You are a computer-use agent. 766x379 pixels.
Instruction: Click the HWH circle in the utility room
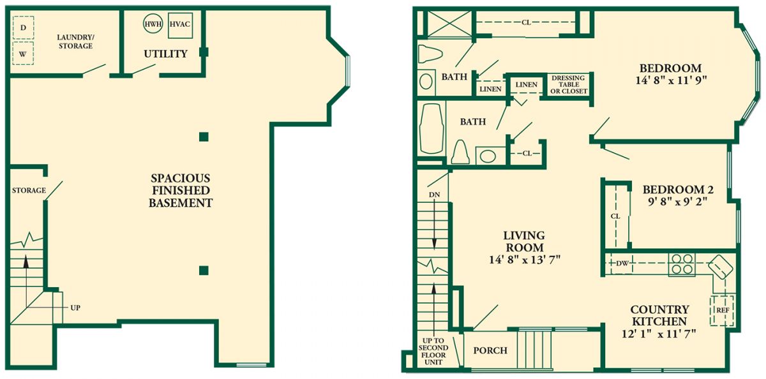[x=153, y=24]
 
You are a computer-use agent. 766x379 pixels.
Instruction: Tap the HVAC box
[x=180, y=26]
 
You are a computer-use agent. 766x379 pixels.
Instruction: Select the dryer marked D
[x=23, y=27]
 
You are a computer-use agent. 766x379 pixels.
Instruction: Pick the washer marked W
[x=23, y=54]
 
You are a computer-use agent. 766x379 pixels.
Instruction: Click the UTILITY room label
[x=165, y=54]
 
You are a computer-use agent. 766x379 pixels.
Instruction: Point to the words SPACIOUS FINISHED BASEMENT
[x=181, y=190]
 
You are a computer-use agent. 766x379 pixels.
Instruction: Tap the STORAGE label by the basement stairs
[x=29, y=190]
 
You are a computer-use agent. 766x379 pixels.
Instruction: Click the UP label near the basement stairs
[x=75, y=308]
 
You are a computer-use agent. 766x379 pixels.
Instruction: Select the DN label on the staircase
[x=434, y=195]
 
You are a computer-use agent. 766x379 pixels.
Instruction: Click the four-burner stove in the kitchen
[x=682, y=264]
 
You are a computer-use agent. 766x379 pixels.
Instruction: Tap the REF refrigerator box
[x=723, y=310]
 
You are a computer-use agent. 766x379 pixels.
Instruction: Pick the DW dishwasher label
[x=622, y=264]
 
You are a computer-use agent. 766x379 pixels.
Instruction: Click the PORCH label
[x=490, y=350]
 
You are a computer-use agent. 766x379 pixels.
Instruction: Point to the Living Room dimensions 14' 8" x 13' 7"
[x=524, y=260]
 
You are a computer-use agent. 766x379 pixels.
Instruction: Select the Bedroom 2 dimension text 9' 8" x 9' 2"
[x=677, y=202]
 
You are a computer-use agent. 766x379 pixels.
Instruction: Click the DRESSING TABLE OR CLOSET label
[x=568, y=85]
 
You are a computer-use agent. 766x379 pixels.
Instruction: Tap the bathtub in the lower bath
[x=432, y=129]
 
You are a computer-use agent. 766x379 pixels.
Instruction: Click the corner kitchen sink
[x=721, y=267]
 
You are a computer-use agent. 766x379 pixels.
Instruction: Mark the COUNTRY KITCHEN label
[x=659, y=315]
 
